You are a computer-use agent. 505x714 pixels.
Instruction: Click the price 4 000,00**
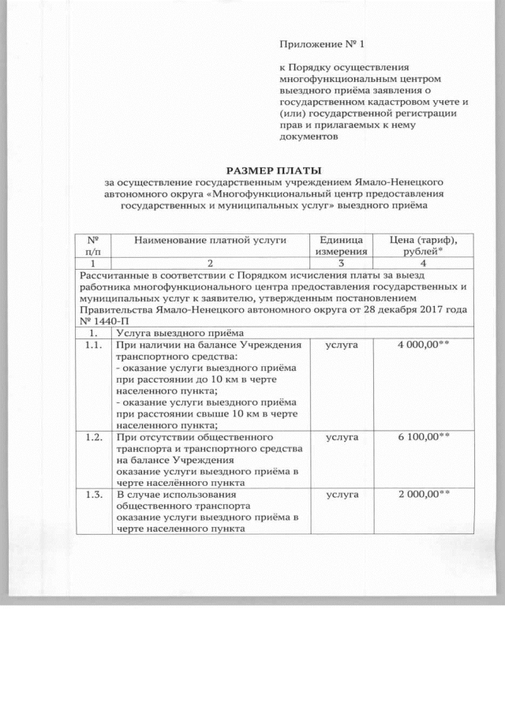(x=423, y=346)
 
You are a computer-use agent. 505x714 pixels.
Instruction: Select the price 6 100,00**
(x=423, y=436)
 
